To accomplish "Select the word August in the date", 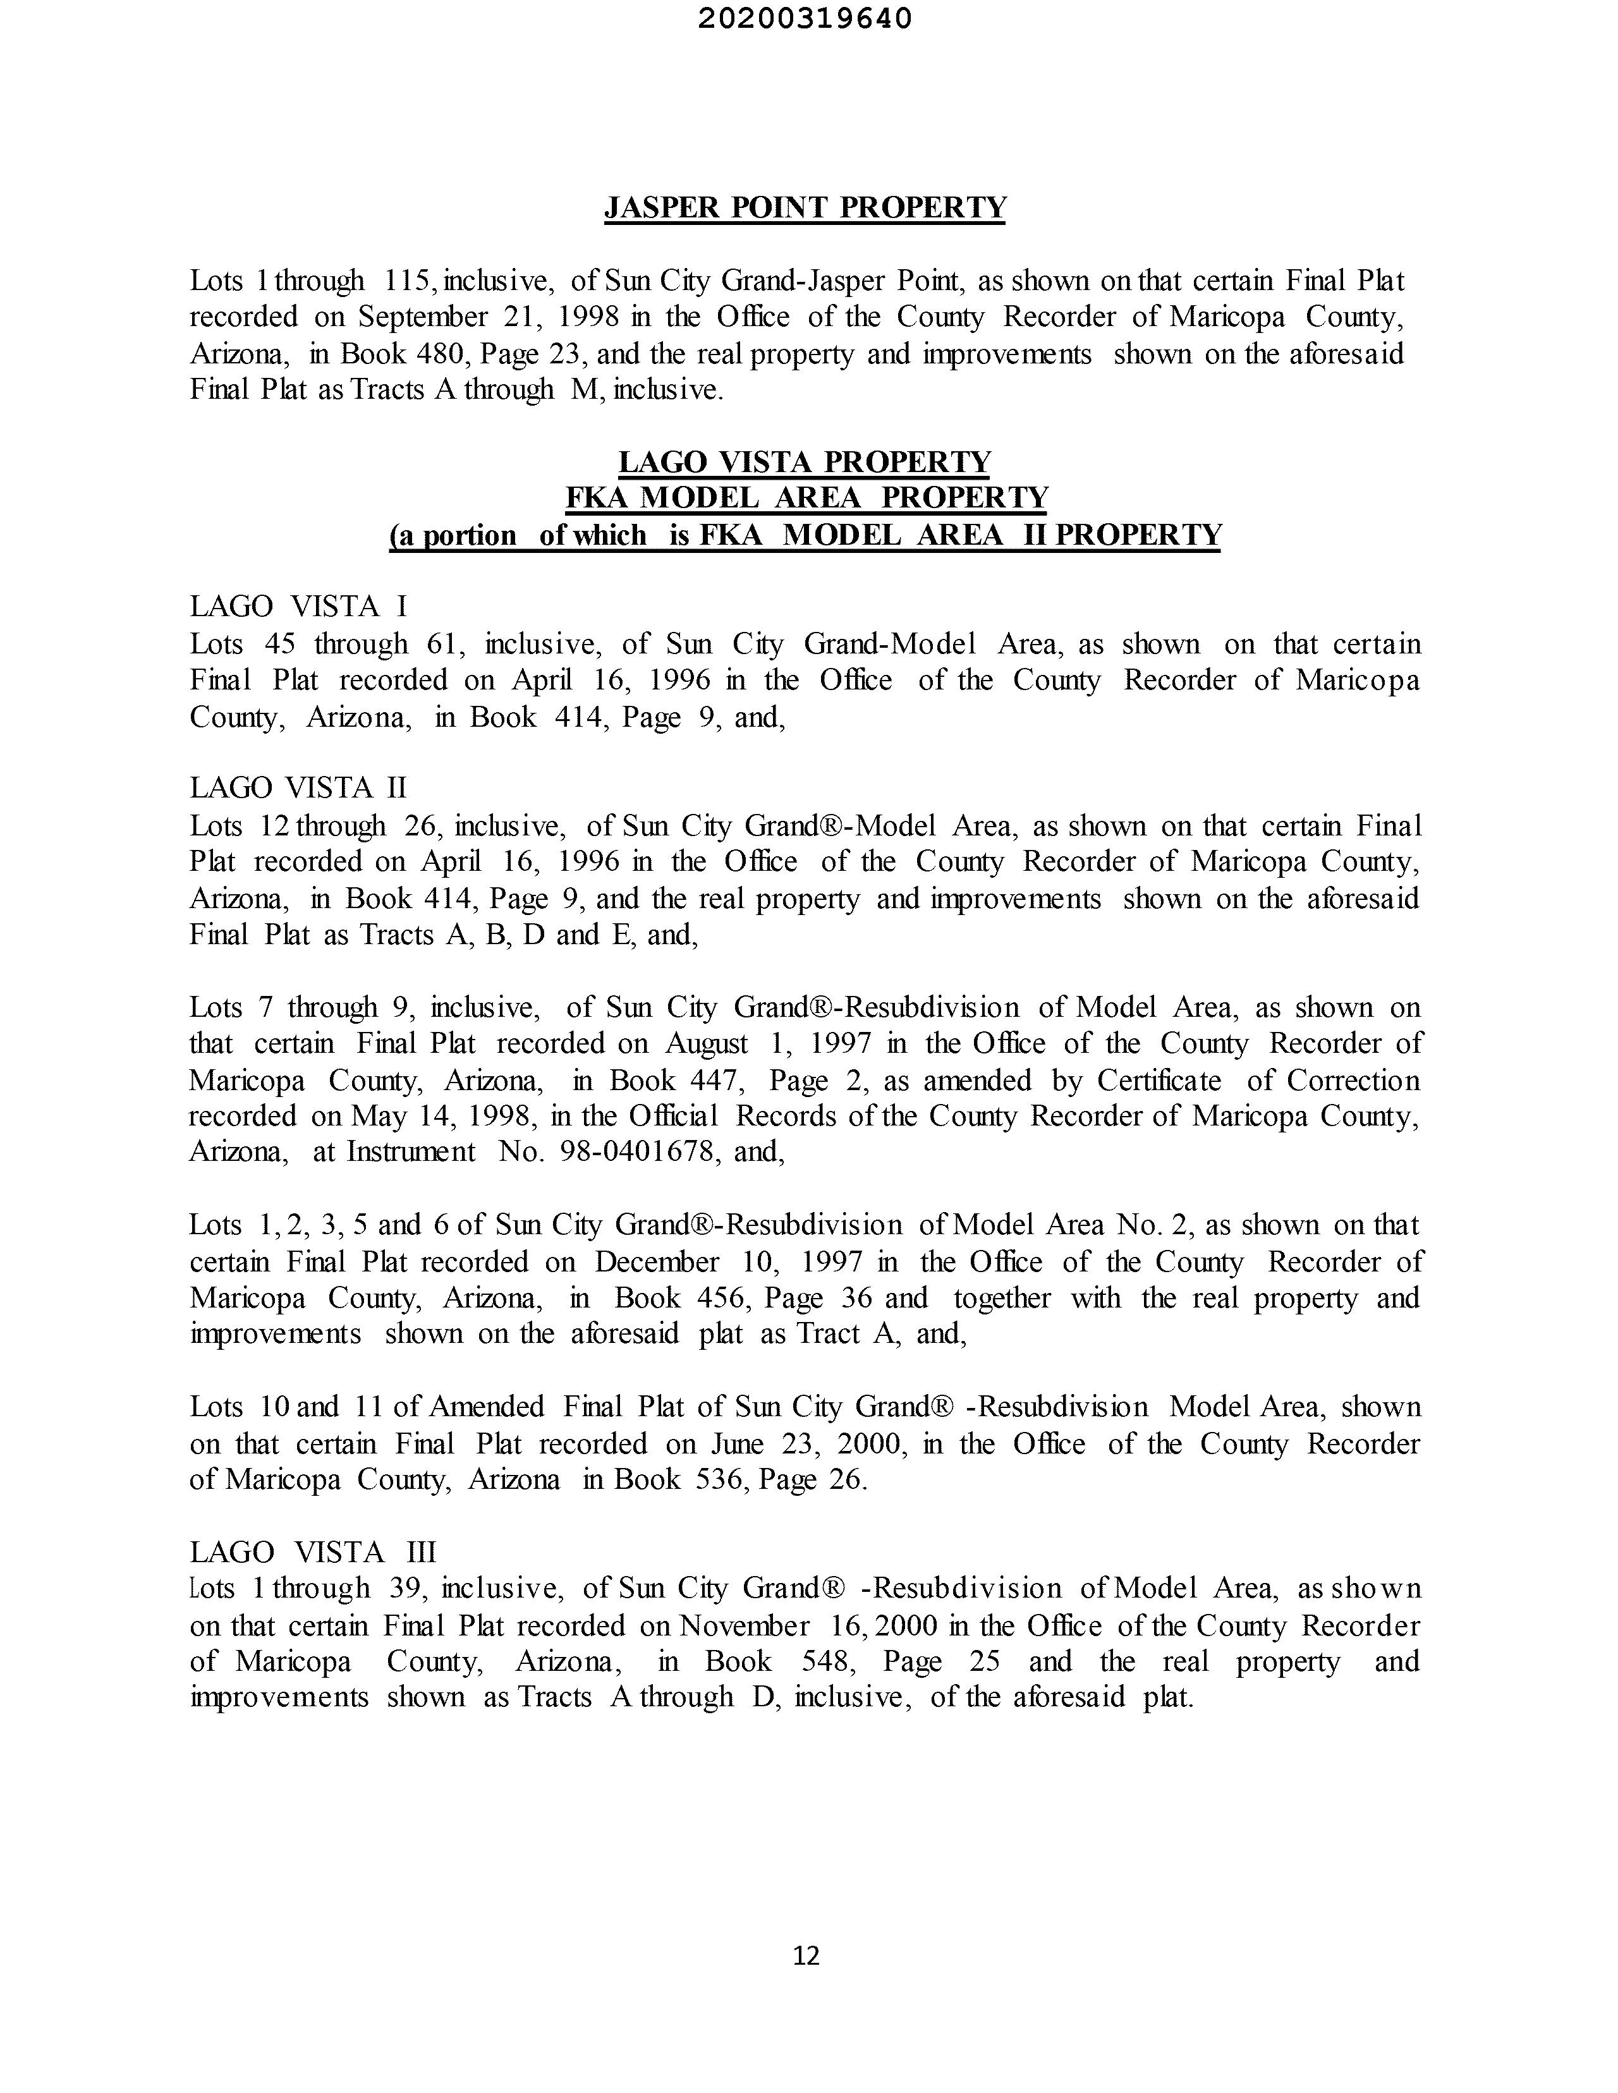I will [707, 1043].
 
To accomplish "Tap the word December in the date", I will [657, 1261].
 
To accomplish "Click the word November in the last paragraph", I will [744, 1625].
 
